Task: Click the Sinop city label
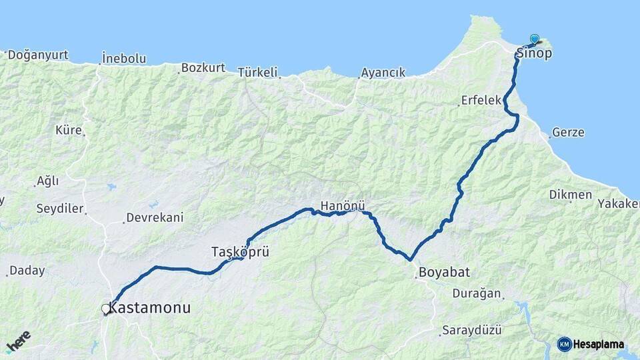tap(534, 54)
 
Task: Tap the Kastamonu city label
tap(149, 308)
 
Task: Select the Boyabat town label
tap(444, 272)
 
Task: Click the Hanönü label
tap(343, 206)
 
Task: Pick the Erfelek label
tap(481, 101)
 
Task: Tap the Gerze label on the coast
tap(568, 132)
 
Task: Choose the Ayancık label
tap(383, 73)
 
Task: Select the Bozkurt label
tap(203, 68)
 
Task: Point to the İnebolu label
tap(124, 59)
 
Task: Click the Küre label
tap(68, 129)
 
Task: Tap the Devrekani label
tap(155, 217)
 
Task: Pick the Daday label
tap(27, 271)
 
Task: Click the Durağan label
tap(477, 293)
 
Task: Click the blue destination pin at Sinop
tap(534, 39)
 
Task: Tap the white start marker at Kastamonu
tap(105, 309)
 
